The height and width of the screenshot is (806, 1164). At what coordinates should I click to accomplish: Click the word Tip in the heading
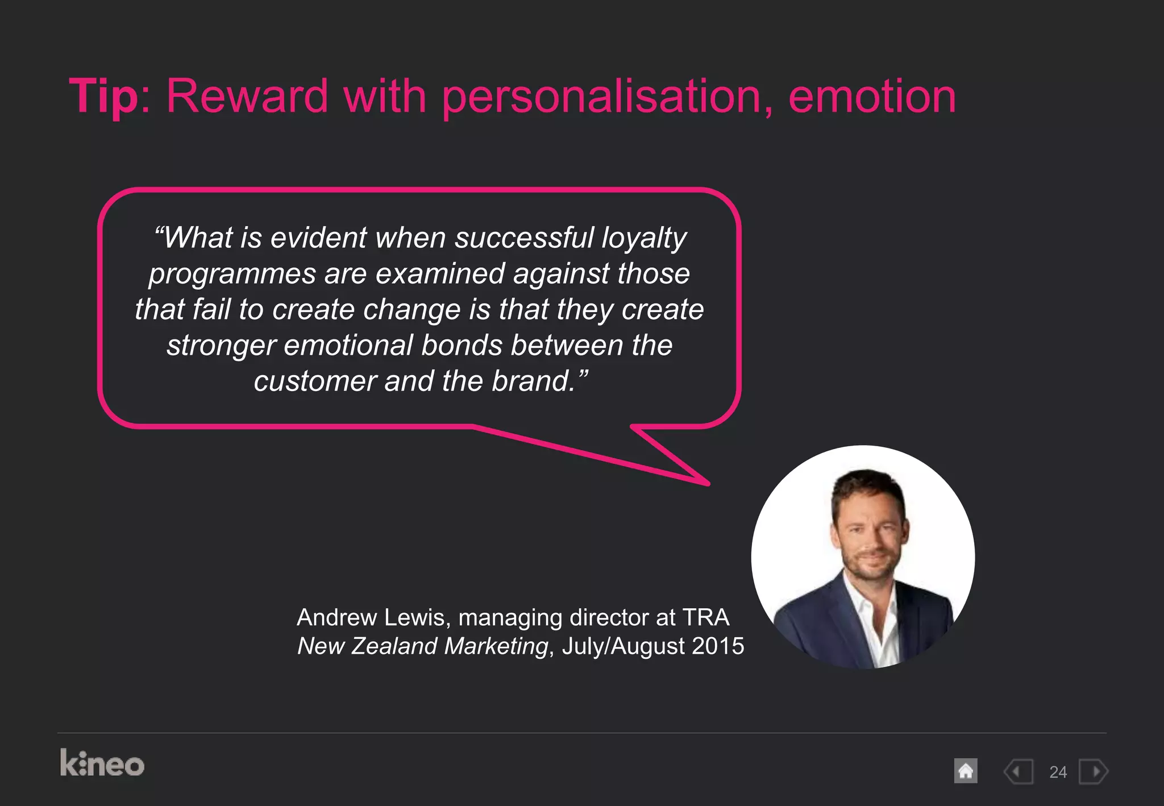pyautogui.click(x=103, y=96)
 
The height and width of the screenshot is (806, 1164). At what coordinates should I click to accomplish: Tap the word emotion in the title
pyautogui.click(x=872, y=96)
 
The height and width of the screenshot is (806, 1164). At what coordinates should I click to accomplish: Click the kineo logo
pyautogui.click(x=102, y=763)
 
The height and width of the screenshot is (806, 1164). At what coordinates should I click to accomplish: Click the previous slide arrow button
pyautogui.click(x=1018, y=771)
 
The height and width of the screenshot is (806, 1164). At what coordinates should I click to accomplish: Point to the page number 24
pyautogui.click(x=1058, y=772)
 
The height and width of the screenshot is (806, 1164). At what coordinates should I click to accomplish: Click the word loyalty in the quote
pyautogui.click(x=644, y=238)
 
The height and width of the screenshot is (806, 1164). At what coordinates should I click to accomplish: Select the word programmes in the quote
pyautogui.click(x=232, y=274)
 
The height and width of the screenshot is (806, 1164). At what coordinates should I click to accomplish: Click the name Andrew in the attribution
pyautogui.click(x=337, y=617)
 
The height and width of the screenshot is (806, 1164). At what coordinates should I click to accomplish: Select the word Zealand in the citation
pyautogui.click(x=393, y=646)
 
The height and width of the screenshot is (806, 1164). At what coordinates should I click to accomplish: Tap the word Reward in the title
pyautogui.click(x=247, y=96)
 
